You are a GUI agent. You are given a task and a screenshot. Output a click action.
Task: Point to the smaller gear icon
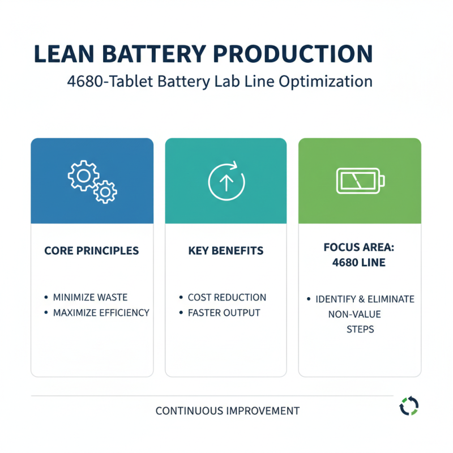click(x=105, y=192)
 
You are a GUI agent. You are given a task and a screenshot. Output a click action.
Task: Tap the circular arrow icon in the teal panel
click(x=226, y=181)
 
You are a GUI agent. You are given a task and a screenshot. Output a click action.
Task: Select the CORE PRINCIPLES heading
click(x=91, y=250)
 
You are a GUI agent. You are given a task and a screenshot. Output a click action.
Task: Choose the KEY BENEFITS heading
click(x=226, y=250)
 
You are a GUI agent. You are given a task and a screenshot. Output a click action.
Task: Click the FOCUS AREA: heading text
click(x=360, y=247)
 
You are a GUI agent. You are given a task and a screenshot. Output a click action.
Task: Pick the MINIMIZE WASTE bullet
click(x=90, y=297)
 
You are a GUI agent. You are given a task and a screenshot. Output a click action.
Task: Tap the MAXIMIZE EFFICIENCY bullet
click(x=101, y=313)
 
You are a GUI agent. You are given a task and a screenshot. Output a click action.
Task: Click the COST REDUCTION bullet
click(x=226, y=297)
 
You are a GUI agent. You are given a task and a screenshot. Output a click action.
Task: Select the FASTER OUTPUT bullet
click(x=224, y=313)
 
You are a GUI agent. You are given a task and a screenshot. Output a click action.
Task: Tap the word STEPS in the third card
click(x=360, y=329)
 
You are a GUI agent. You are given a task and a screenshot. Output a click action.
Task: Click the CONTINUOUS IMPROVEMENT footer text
click(x=227, y=411)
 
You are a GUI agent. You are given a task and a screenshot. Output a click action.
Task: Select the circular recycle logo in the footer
click(x=408, y=406)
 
